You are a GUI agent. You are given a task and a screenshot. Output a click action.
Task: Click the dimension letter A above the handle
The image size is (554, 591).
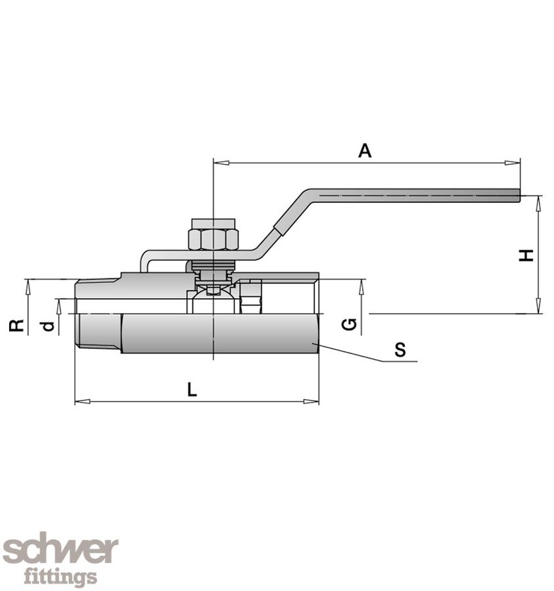point(365,150)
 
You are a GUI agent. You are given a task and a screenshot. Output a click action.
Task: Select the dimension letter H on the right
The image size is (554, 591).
point(526,255)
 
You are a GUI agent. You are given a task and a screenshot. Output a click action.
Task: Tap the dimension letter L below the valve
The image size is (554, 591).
point(191,390)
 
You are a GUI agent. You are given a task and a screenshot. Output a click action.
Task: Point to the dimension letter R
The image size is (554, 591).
point(18,324)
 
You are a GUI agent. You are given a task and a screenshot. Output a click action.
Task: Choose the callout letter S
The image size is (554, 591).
point(400,350)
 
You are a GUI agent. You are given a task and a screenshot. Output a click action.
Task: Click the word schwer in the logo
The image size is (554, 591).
point(60,550)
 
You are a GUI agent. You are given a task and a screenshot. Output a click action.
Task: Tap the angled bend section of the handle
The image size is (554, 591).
point(289,213)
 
